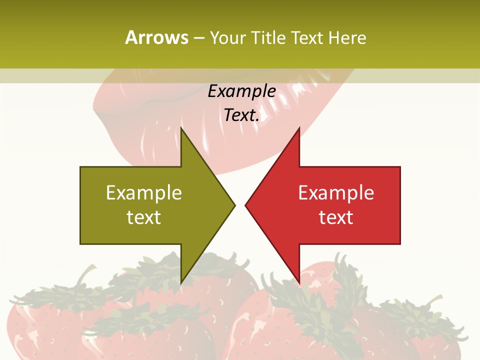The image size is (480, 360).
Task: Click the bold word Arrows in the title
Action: [x=157, y=37]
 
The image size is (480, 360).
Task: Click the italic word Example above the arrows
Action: [x=241, y=91]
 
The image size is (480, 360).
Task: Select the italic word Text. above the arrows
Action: [x=241, y=115]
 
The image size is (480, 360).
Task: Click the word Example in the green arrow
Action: [x=144, y=192]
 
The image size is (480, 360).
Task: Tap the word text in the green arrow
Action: [x=144, y=217]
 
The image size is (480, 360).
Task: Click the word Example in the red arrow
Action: [x=336, y=192]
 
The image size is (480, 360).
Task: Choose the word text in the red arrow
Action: [x=336, y=217]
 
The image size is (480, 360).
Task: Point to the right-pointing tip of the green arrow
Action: [x=234, y=205]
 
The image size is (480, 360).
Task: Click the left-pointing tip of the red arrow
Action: [x=245, y=205]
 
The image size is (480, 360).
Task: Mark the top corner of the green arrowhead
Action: [x=181, y=128]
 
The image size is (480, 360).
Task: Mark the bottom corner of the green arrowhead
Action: [x=181, y=283]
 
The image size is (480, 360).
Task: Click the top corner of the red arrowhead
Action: [x=299, y=128]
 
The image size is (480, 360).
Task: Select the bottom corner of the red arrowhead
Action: [x=299, y=283]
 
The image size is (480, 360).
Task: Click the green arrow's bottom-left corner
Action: [x=80, y=243]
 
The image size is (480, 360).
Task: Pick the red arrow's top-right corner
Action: [x=400, y=167]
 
